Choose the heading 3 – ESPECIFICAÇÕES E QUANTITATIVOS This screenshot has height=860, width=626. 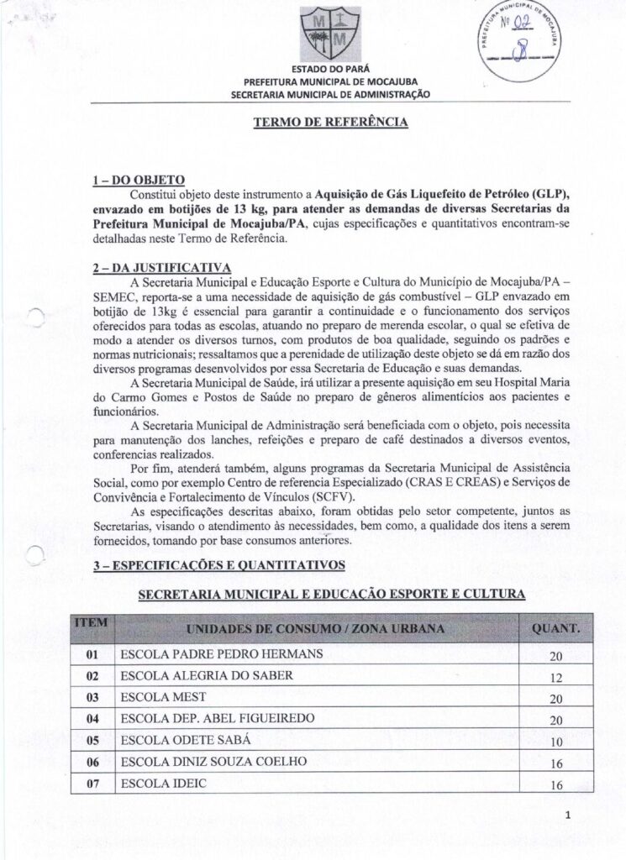[x=218, y=566]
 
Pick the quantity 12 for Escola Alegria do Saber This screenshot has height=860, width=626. [x=555, y=677]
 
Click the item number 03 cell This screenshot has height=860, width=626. [x=92, y=697]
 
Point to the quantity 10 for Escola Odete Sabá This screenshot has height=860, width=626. [x=555, y=742]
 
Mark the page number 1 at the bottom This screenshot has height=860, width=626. [x=568, y=815]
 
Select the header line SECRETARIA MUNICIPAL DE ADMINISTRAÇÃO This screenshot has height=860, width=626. [x=330, y=94]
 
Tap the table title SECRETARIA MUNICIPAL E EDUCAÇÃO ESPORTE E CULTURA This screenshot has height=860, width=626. [x=331, y=595]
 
